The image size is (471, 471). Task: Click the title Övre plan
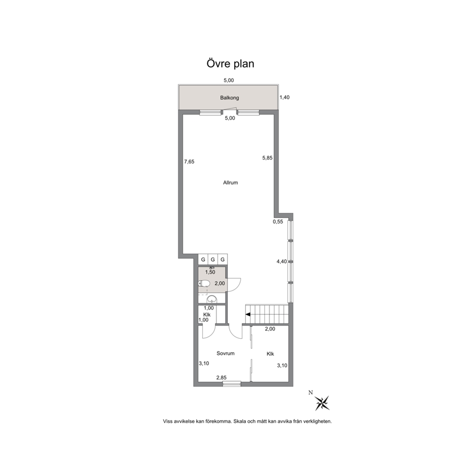click(x=230, y=64)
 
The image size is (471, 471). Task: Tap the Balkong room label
click(x=229, y=98)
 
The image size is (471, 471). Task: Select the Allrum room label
click(x=230, y=182)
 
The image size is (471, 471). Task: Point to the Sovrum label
click(x=225, y=353)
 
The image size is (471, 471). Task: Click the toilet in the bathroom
click(x=204, y=283)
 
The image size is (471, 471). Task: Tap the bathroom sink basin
click(x=212, y=299)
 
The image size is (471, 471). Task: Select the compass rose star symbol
click(x=322, y=403)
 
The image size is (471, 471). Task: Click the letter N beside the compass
click(x=311, y=392)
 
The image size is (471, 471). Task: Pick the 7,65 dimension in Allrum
click(x=189, y=161)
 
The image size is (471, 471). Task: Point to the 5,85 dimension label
click(x=267, y=158)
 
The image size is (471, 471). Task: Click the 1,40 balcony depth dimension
click(x=284, y=97)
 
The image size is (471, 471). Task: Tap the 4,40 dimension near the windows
click(x=282, y=262)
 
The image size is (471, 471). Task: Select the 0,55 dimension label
click(x=278, y=222)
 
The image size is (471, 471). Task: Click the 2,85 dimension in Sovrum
click(x=221, y=377)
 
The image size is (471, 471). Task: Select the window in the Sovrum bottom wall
click(x=232, y=384)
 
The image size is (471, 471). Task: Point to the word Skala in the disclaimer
click(x=240, y=421)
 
